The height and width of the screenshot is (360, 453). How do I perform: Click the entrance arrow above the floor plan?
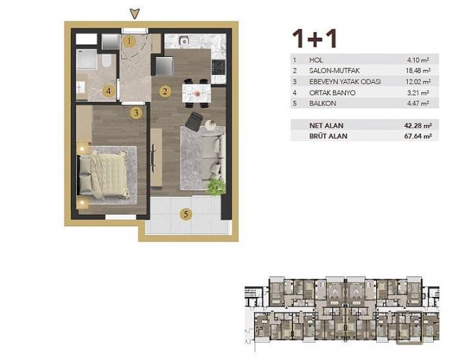pos(135,13)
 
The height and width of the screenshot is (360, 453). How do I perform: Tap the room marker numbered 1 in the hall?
pos(130,41)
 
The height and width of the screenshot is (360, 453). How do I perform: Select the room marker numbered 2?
pos(164,91)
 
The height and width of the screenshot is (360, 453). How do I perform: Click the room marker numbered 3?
pos(136,112)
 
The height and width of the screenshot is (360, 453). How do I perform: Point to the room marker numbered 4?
pos(108,90)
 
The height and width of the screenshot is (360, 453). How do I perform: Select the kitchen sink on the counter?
pos(184,42)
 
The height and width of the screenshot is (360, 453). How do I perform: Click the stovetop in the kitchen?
pos(218,67)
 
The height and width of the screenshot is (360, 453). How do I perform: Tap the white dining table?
pos(196,91)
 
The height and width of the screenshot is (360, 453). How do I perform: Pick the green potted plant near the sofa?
pos(215,186)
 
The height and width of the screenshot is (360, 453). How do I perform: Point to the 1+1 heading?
pos(314,38)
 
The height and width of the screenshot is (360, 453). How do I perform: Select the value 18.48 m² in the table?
pos(418,71)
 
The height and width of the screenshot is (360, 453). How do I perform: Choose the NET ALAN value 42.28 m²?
pos(417,125)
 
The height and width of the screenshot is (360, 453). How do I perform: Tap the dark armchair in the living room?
pos(194,121)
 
